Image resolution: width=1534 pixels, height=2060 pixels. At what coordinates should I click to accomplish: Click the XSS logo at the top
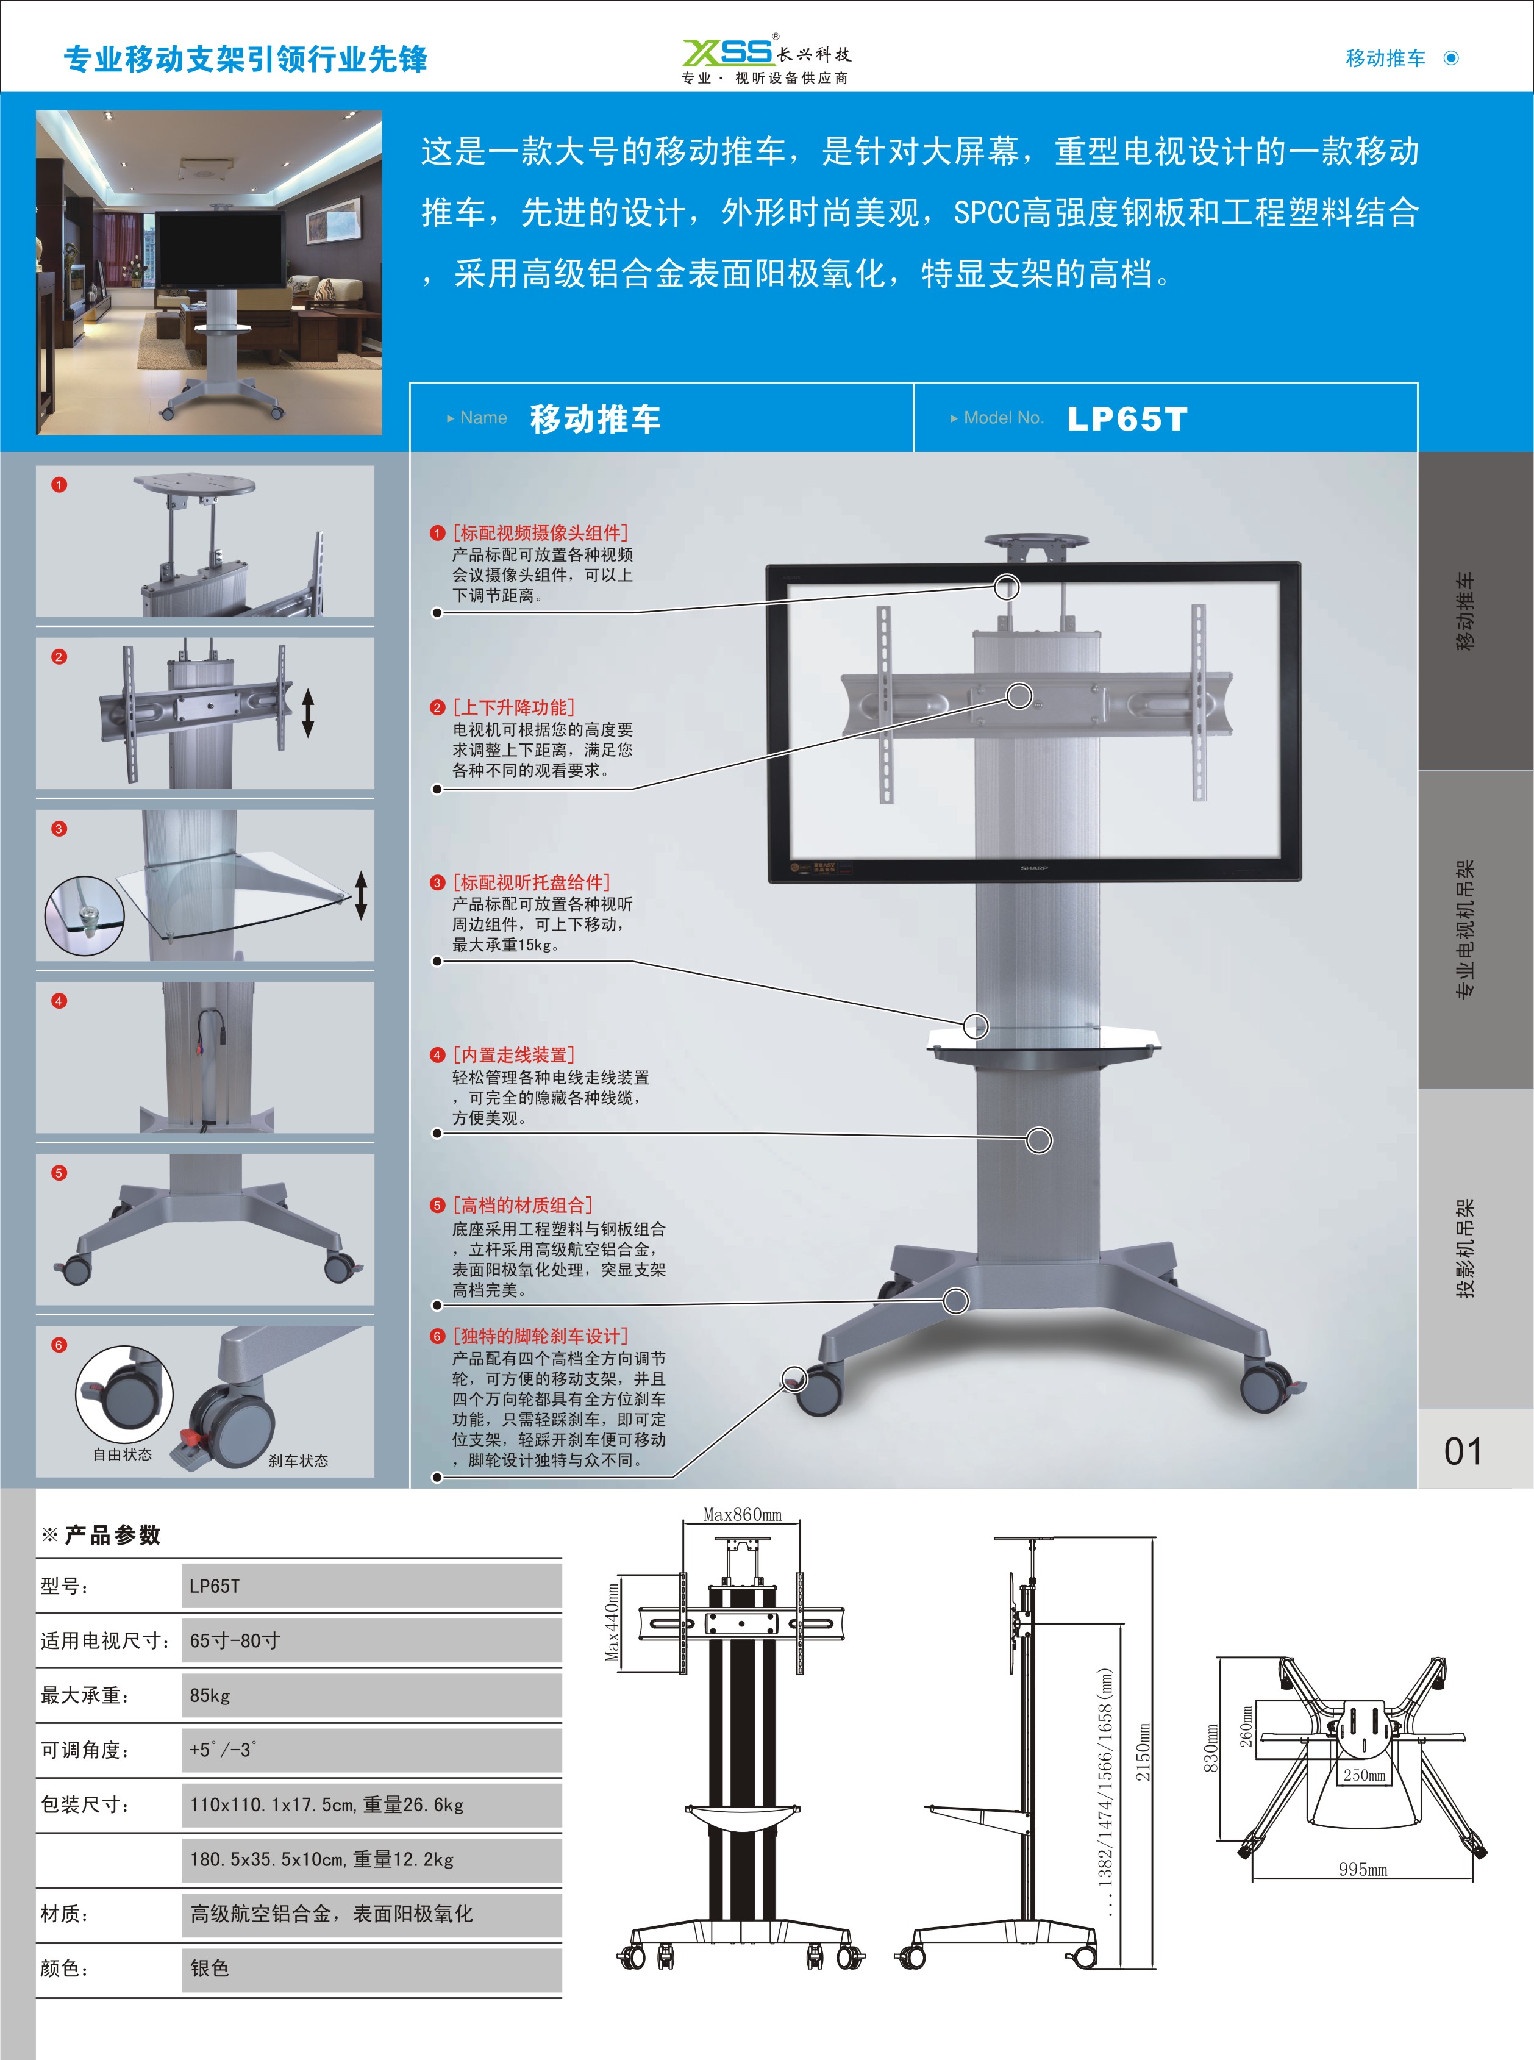728,51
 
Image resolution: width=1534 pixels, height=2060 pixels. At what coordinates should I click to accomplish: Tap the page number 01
1463,1451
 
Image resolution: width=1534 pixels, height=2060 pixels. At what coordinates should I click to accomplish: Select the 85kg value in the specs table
210,1695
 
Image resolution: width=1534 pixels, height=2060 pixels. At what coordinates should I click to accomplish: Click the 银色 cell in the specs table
209,1968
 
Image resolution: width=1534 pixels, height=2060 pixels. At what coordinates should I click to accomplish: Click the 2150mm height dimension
1144,1751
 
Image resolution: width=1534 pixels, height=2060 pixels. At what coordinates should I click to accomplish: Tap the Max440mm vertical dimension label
612,1623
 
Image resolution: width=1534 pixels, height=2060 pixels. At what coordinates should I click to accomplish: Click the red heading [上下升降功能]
513,707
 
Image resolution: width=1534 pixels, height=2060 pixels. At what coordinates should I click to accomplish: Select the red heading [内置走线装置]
513,1055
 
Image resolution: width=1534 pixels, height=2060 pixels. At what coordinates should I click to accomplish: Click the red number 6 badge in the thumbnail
59,1345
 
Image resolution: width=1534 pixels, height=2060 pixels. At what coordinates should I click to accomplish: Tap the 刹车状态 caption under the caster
298,1461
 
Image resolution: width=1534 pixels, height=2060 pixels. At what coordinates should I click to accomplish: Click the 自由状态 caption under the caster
123,1454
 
